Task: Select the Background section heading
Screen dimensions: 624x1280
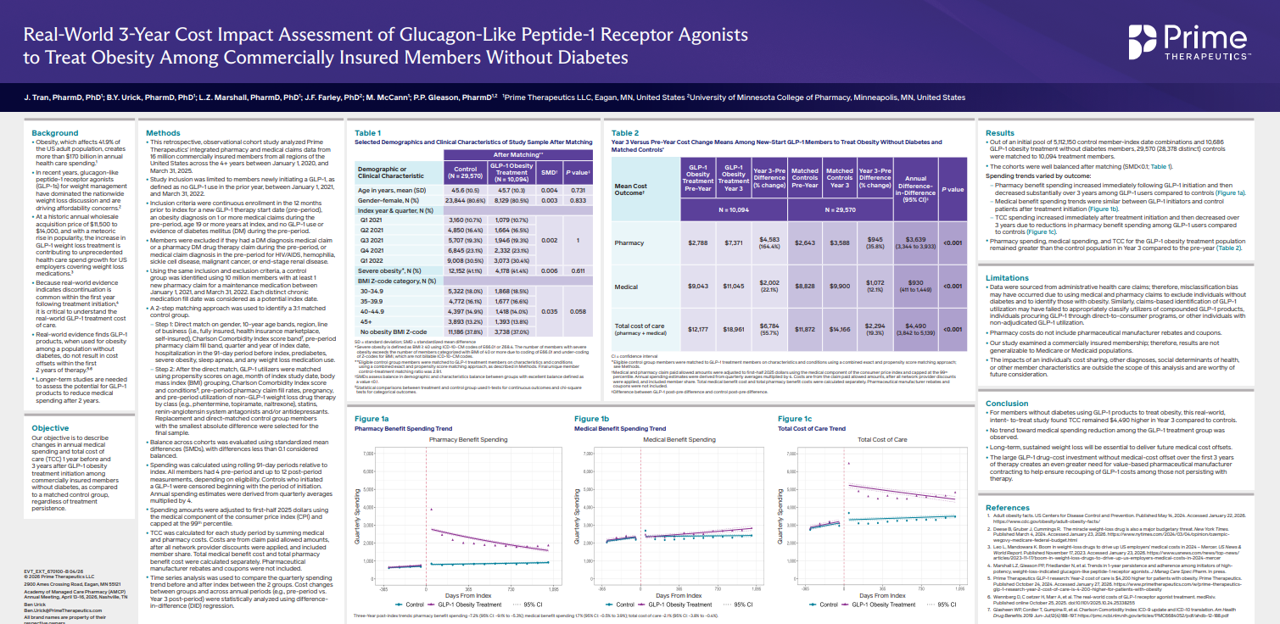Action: [x=55, y=133]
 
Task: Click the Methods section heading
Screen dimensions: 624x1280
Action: [x=163, y=133]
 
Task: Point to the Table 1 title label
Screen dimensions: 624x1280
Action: [x=367, y=133]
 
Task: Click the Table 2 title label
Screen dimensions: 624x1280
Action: [x=625, y=133]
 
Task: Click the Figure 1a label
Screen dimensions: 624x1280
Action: [x=372, y=419]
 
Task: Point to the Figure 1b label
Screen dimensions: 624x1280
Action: [x=591, y=419]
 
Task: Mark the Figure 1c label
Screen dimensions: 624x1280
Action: [x=795, y=419]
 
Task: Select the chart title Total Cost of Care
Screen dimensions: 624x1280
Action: [x=882, y=440]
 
